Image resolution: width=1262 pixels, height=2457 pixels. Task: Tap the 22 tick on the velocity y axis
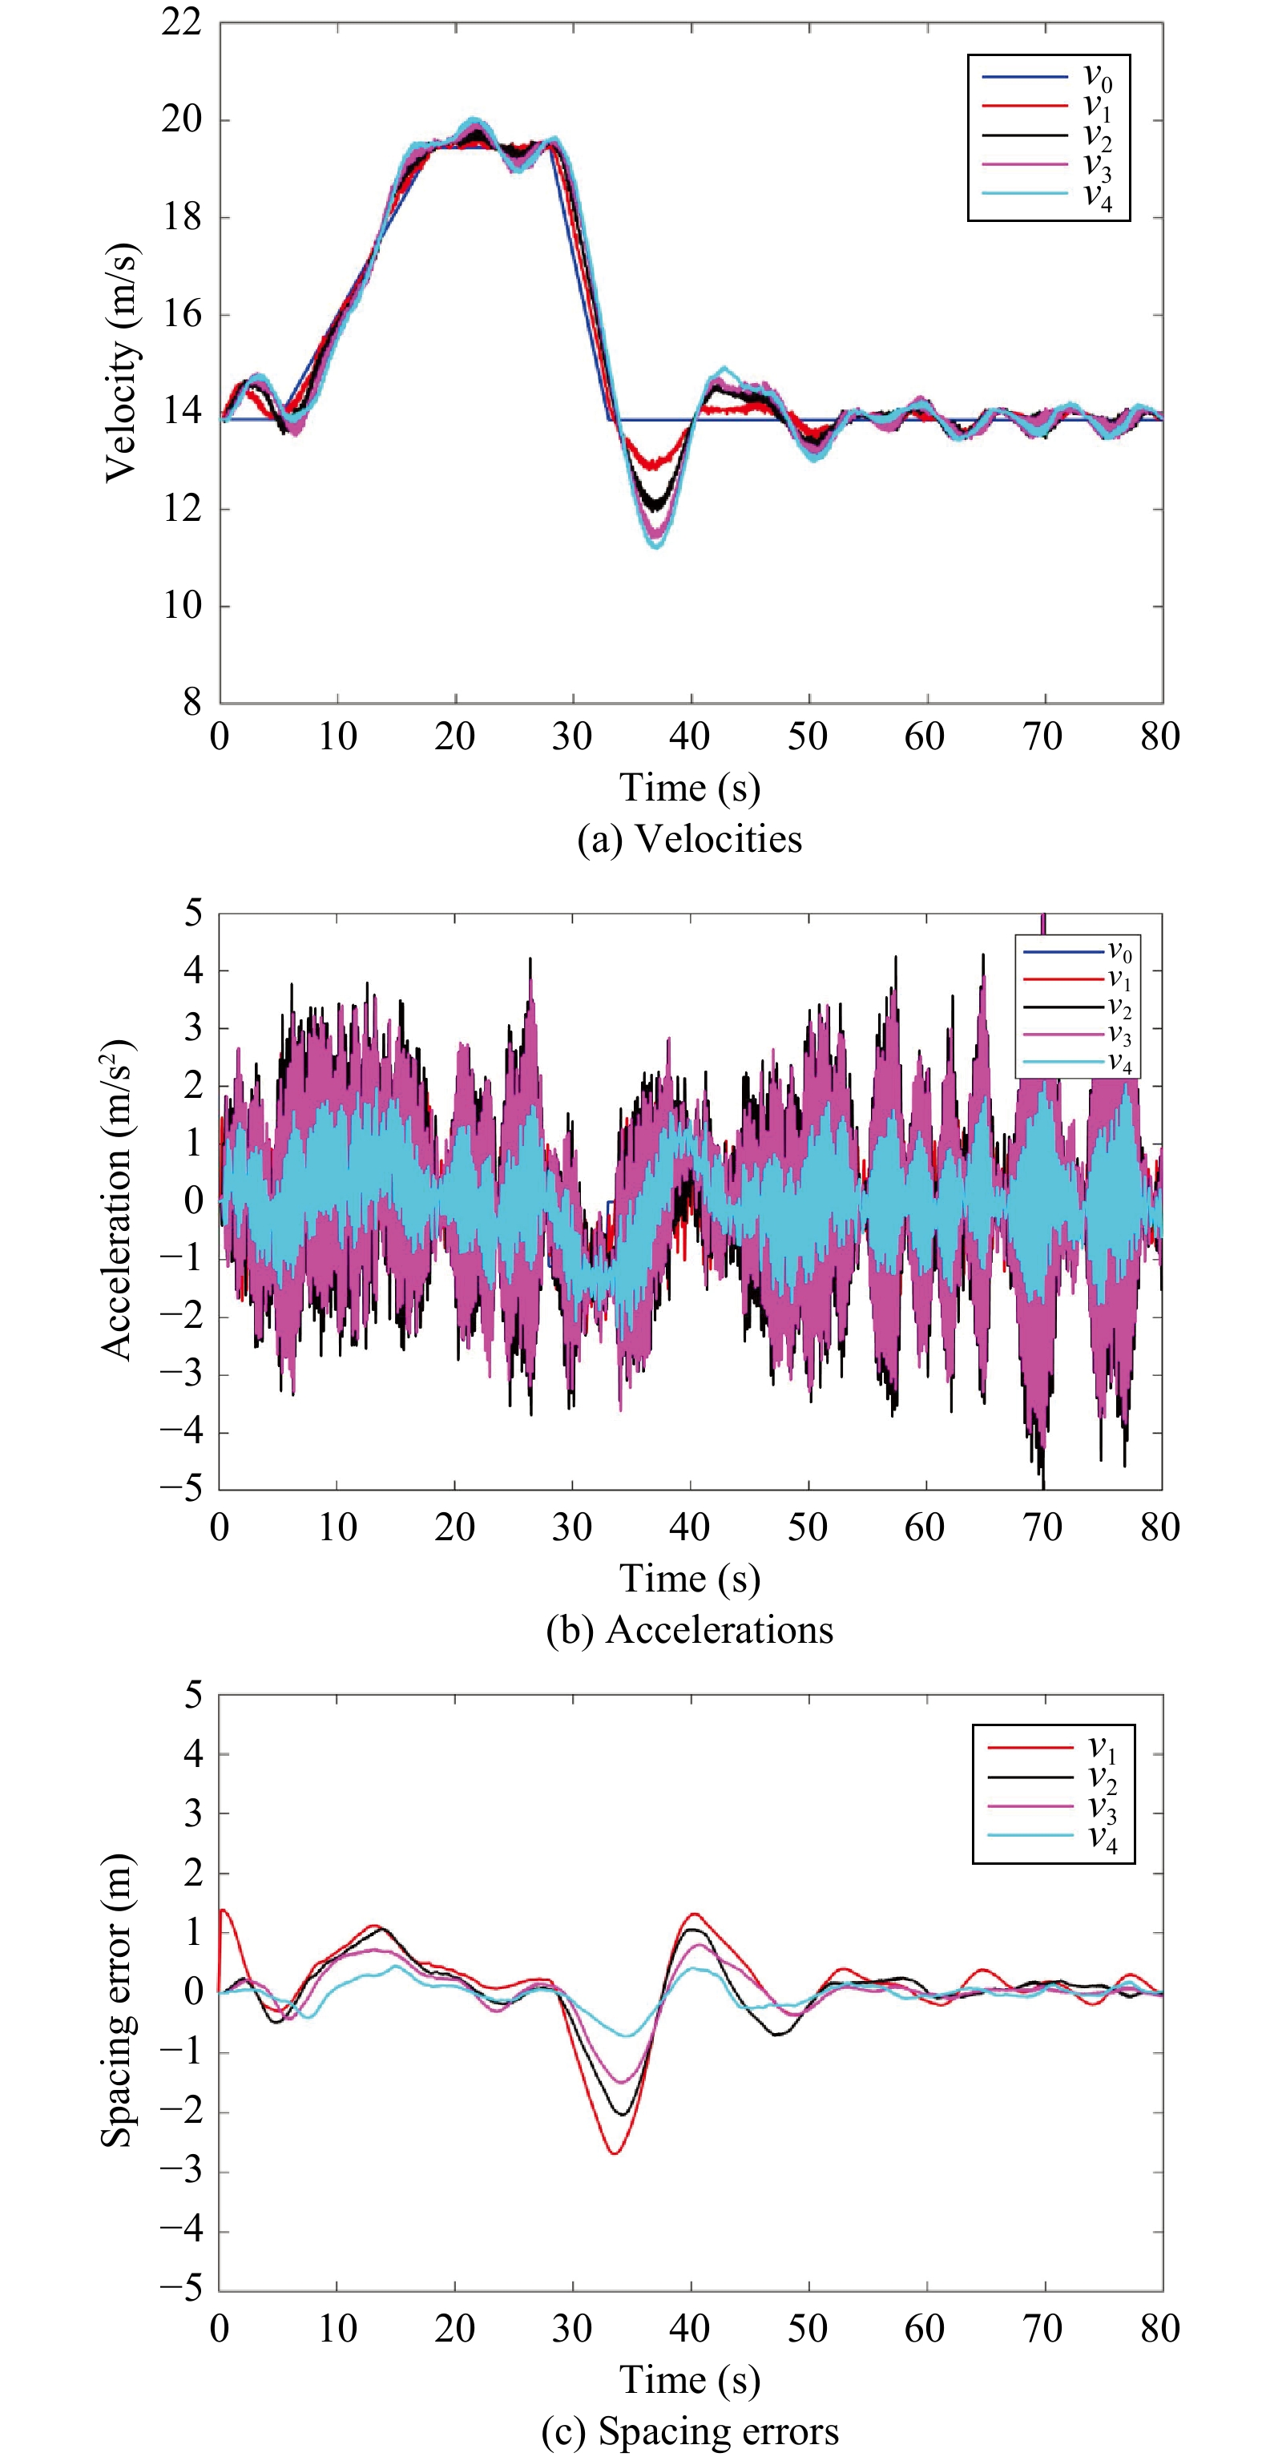point(181,23)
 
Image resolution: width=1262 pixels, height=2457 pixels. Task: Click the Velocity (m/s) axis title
point(121,362)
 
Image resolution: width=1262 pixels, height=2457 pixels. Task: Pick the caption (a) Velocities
point(690,839)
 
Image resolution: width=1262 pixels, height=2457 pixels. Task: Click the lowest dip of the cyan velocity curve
point(656,546)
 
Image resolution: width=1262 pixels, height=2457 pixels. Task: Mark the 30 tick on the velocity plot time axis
point(572,736)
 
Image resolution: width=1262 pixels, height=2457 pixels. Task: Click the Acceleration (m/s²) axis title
point(117,1199)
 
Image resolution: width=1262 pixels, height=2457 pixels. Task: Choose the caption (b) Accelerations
point(690,1630)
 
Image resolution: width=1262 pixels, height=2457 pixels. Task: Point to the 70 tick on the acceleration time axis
point(1042,1528)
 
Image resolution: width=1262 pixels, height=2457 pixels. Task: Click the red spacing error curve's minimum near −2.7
point(615,2154)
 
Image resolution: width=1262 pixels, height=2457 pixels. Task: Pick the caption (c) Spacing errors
point(690,2431)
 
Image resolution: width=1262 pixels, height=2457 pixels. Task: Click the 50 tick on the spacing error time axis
point(808,2330)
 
